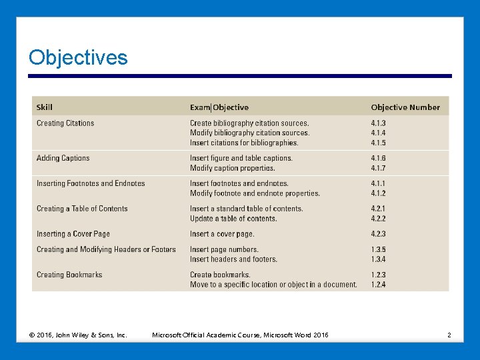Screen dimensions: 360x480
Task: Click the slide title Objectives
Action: (78, 58)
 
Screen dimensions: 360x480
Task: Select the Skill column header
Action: (45, 107)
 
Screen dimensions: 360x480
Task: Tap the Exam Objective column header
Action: (219, 107)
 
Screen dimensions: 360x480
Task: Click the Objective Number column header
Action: (405, 107)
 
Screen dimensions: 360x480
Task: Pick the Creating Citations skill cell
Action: (65, 123)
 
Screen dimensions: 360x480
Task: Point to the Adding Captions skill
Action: (63, 158)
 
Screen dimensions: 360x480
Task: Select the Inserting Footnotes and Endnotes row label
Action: (91, 183)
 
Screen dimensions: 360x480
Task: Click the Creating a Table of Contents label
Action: (82, 209)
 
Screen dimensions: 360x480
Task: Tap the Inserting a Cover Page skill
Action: (73, 234)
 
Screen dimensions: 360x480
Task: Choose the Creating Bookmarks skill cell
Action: (69, 275)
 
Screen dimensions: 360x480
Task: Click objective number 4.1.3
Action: (379, 123)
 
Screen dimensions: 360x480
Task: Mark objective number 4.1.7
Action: (379, 168)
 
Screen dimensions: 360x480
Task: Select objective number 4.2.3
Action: (379, 234)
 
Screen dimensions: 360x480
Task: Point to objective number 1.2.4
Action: (379, 285)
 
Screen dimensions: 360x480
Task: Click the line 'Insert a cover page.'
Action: (222, 234)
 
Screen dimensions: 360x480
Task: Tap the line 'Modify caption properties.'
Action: (232, 168)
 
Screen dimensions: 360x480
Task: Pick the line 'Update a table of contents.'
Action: (233, 219)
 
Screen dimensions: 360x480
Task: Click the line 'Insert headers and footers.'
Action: (233, 259)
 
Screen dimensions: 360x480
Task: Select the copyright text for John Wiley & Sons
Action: (78, 335)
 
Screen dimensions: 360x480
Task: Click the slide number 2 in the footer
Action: (449, 335)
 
